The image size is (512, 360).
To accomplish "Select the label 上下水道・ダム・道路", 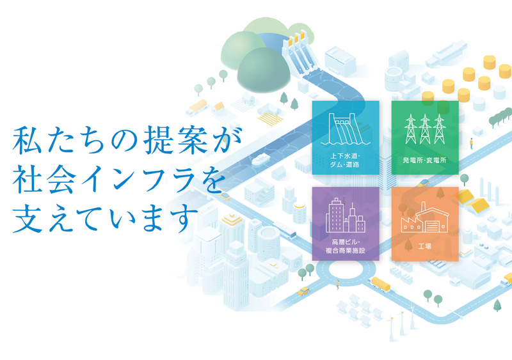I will [345, 160].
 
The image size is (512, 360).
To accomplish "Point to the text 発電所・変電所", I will [424, 160].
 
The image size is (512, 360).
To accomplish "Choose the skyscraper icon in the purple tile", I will [345, 215].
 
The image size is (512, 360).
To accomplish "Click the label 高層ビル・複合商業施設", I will [345, 246].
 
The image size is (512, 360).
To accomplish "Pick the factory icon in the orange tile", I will [424, 218].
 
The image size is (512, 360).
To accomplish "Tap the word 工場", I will [424, 245].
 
